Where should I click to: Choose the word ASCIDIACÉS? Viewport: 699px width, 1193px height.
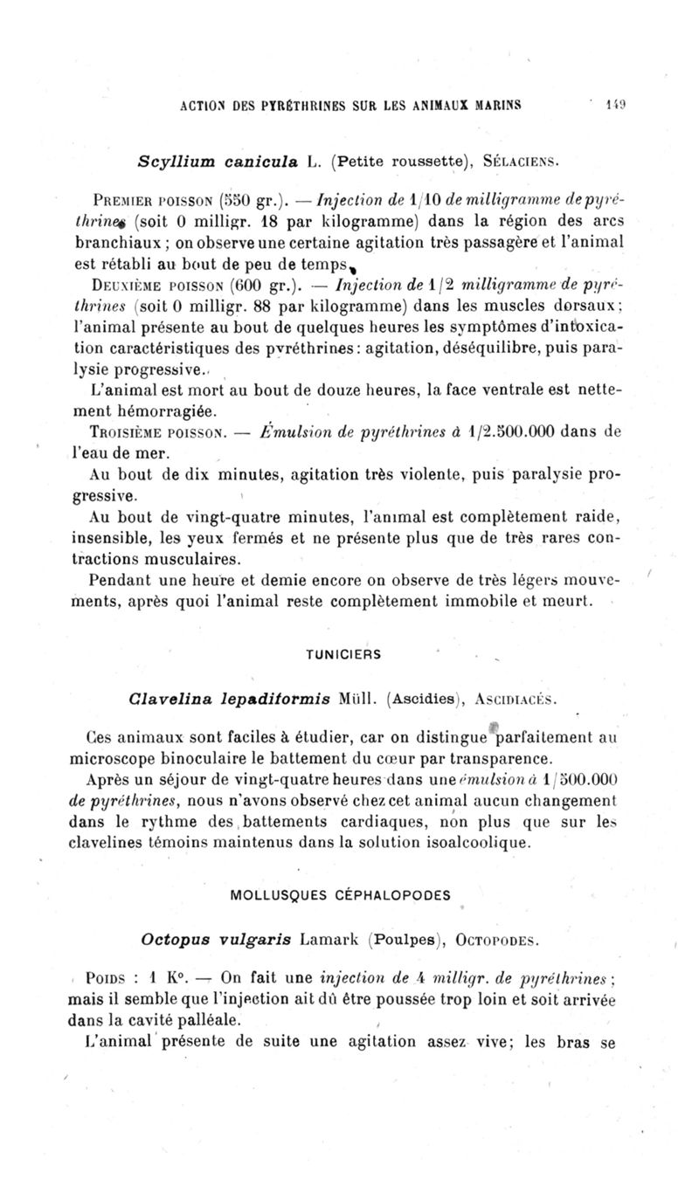click(510, 699)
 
